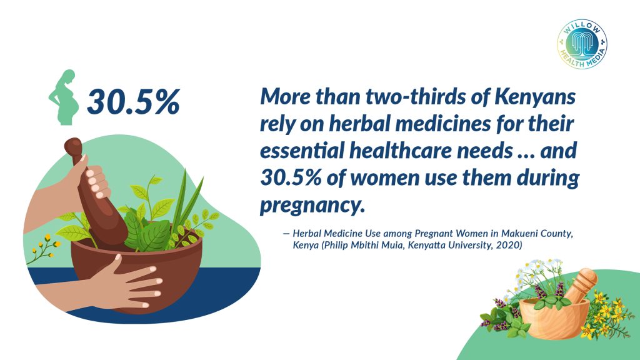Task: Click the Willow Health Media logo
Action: pos(582,44)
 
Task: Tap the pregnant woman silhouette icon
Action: pos(64,97)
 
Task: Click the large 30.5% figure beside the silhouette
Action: pos(134,102)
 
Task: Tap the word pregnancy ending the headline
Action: pos(311,205)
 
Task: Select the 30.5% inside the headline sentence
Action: pos(291,178)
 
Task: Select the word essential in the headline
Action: pos(302,151)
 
